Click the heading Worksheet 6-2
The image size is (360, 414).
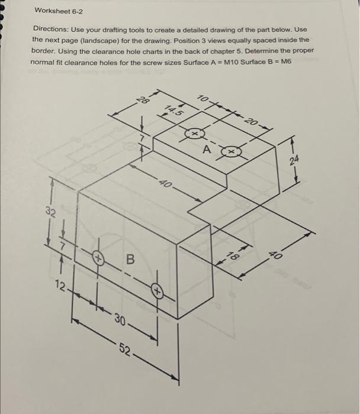click(x=60, y=11)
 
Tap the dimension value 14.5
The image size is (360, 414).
click(x=173, y=110)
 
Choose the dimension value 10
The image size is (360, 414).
click(x=203, y=98)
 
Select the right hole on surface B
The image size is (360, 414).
click(x=157, y=291)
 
